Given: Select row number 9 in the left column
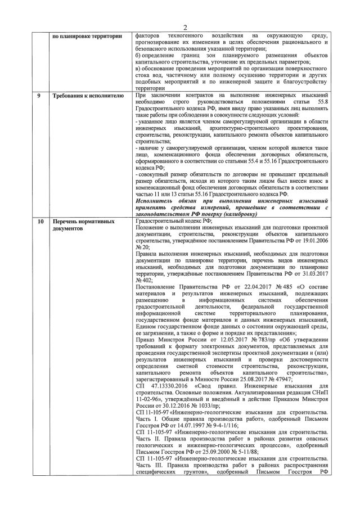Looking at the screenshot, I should pyautogui.click(x=39, y=96).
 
